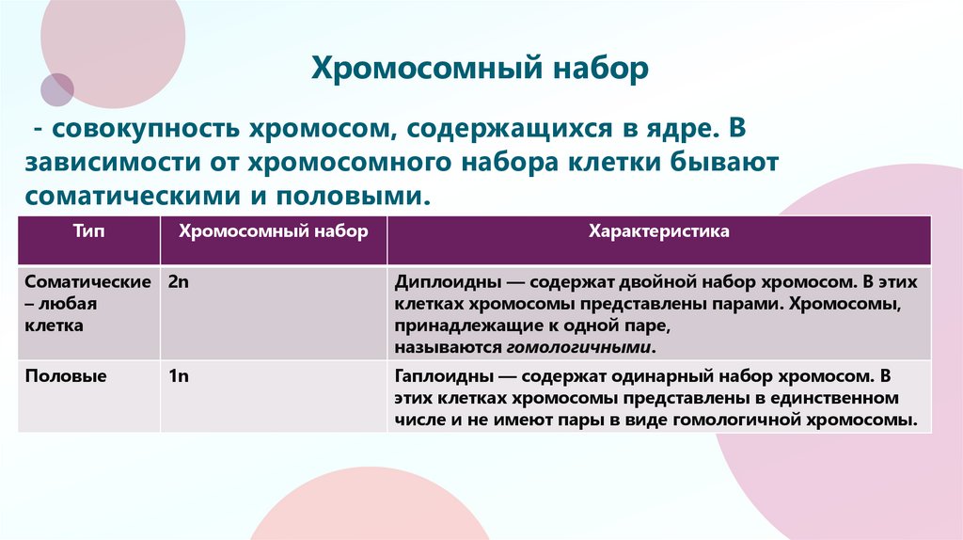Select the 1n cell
coord(179,376)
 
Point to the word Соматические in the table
coord(88,282)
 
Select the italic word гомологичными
coord(579,347)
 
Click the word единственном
coord(828,398)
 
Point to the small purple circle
coord(57,89)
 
